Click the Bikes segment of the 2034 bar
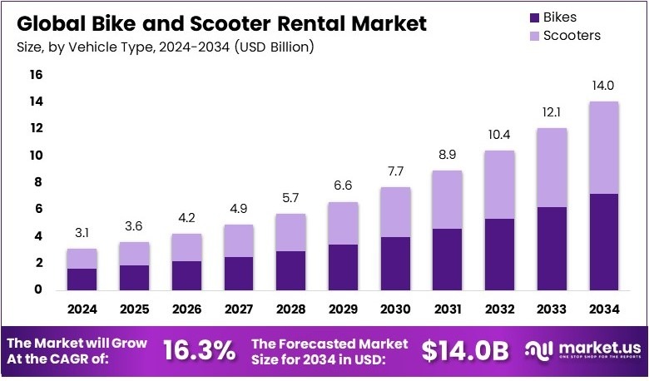[604, 241]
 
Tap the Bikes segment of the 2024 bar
[82, 279]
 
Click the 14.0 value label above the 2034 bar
[604, 85]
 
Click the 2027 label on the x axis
[240, 309]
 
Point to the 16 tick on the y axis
[36, 75]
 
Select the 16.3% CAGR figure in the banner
[200, 352]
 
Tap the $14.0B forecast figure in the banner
[464, 352]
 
